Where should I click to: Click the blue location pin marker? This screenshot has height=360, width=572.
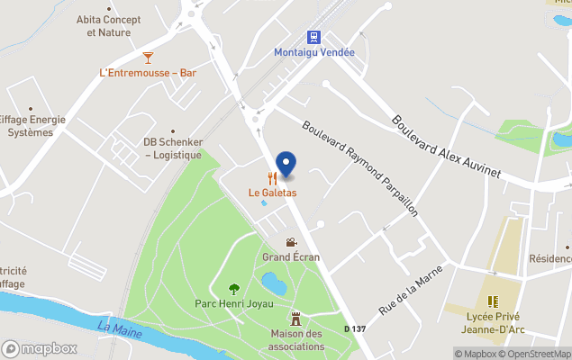pos(286,164)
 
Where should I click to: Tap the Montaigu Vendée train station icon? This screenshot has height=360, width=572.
pos(313,37)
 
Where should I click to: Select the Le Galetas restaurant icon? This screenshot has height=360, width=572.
pos(272,178)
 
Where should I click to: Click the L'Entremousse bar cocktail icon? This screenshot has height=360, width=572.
pos(135,57)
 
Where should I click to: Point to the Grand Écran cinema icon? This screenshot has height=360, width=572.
pos(290,242)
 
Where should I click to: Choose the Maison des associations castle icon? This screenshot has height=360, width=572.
pos(295,319)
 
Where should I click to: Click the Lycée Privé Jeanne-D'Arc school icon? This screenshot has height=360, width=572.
pos(492,301)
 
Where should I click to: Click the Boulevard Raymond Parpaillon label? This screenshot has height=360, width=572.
pos(360,168)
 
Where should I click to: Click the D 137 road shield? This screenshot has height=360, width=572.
pos(355,329)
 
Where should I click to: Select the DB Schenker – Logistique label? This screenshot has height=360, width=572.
pos(173,148)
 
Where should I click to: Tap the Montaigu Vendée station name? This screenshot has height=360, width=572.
pos(314,52)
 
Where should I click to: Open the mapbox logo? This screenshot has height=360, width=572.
pos(40,348)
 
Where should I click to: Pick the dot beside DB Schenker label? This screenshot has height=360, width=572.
pos(173,130)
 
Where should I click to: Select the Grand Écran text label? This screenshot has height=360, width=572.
pos(291,257)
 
